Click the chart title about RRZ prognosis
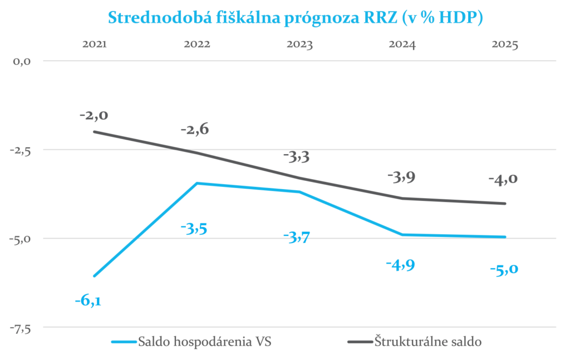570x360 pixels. coord(295,17)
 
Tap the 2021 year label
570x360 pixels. coord(95,45)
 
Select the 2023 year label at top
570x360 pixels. coord(299,45)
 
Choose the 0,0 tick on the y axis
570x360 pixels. coord(21,61)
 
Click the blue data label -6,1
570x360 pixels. coord(91,301)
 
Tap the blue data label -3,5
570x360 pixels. coord(194,228)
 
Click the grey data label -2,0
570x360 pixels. coord(94,116)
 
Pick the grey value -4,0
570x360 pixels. coord(503,179)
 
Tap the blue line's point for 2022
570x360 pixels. coord(197,183)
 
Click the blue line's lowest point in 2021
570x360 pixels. coord(95,276)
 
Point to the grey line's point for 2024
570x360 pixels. coord(402,198)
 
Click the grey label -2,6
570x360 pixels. coord(195,130)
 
